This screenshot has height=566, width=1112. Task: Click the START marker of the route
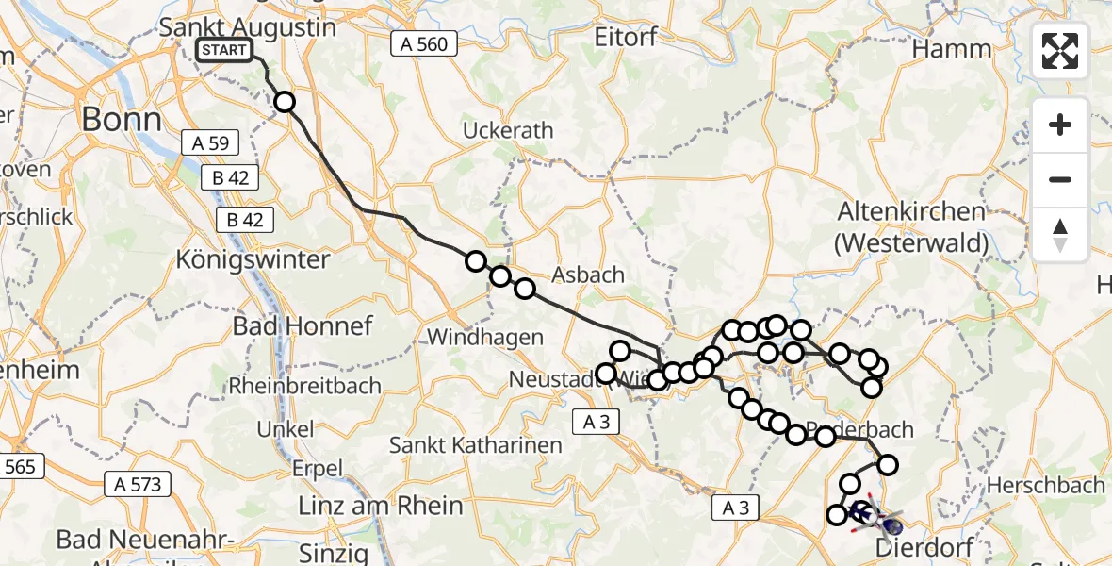click(224, 50)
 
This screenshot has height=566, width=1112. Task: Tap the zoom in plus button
click(1060, 125)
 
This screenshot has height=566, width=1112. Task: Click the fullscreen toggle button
click(1060, 51)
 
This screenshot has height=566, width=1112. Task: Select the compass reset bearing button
click(1060, 235)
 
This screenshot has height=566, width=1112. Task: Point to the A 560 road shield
click(423, 43)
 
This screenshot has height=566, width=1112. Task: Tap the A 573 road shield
click(138, 485)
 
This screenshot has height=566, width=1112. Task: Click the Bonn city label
click(121, 119)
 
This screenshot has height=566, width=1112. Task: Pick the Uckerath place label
click(508, 130)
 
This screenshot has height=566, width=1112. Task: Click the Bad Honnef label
click(303, 326)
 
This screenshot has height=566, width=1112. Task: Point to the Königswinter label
click(253, 259)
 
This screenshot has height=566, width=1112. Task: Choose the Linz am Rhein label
click(380, 505)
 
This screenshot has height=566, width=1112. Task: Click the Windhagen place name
click(485, 337)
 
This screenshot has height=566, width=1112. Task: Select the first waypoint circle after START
click(284, 102)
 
